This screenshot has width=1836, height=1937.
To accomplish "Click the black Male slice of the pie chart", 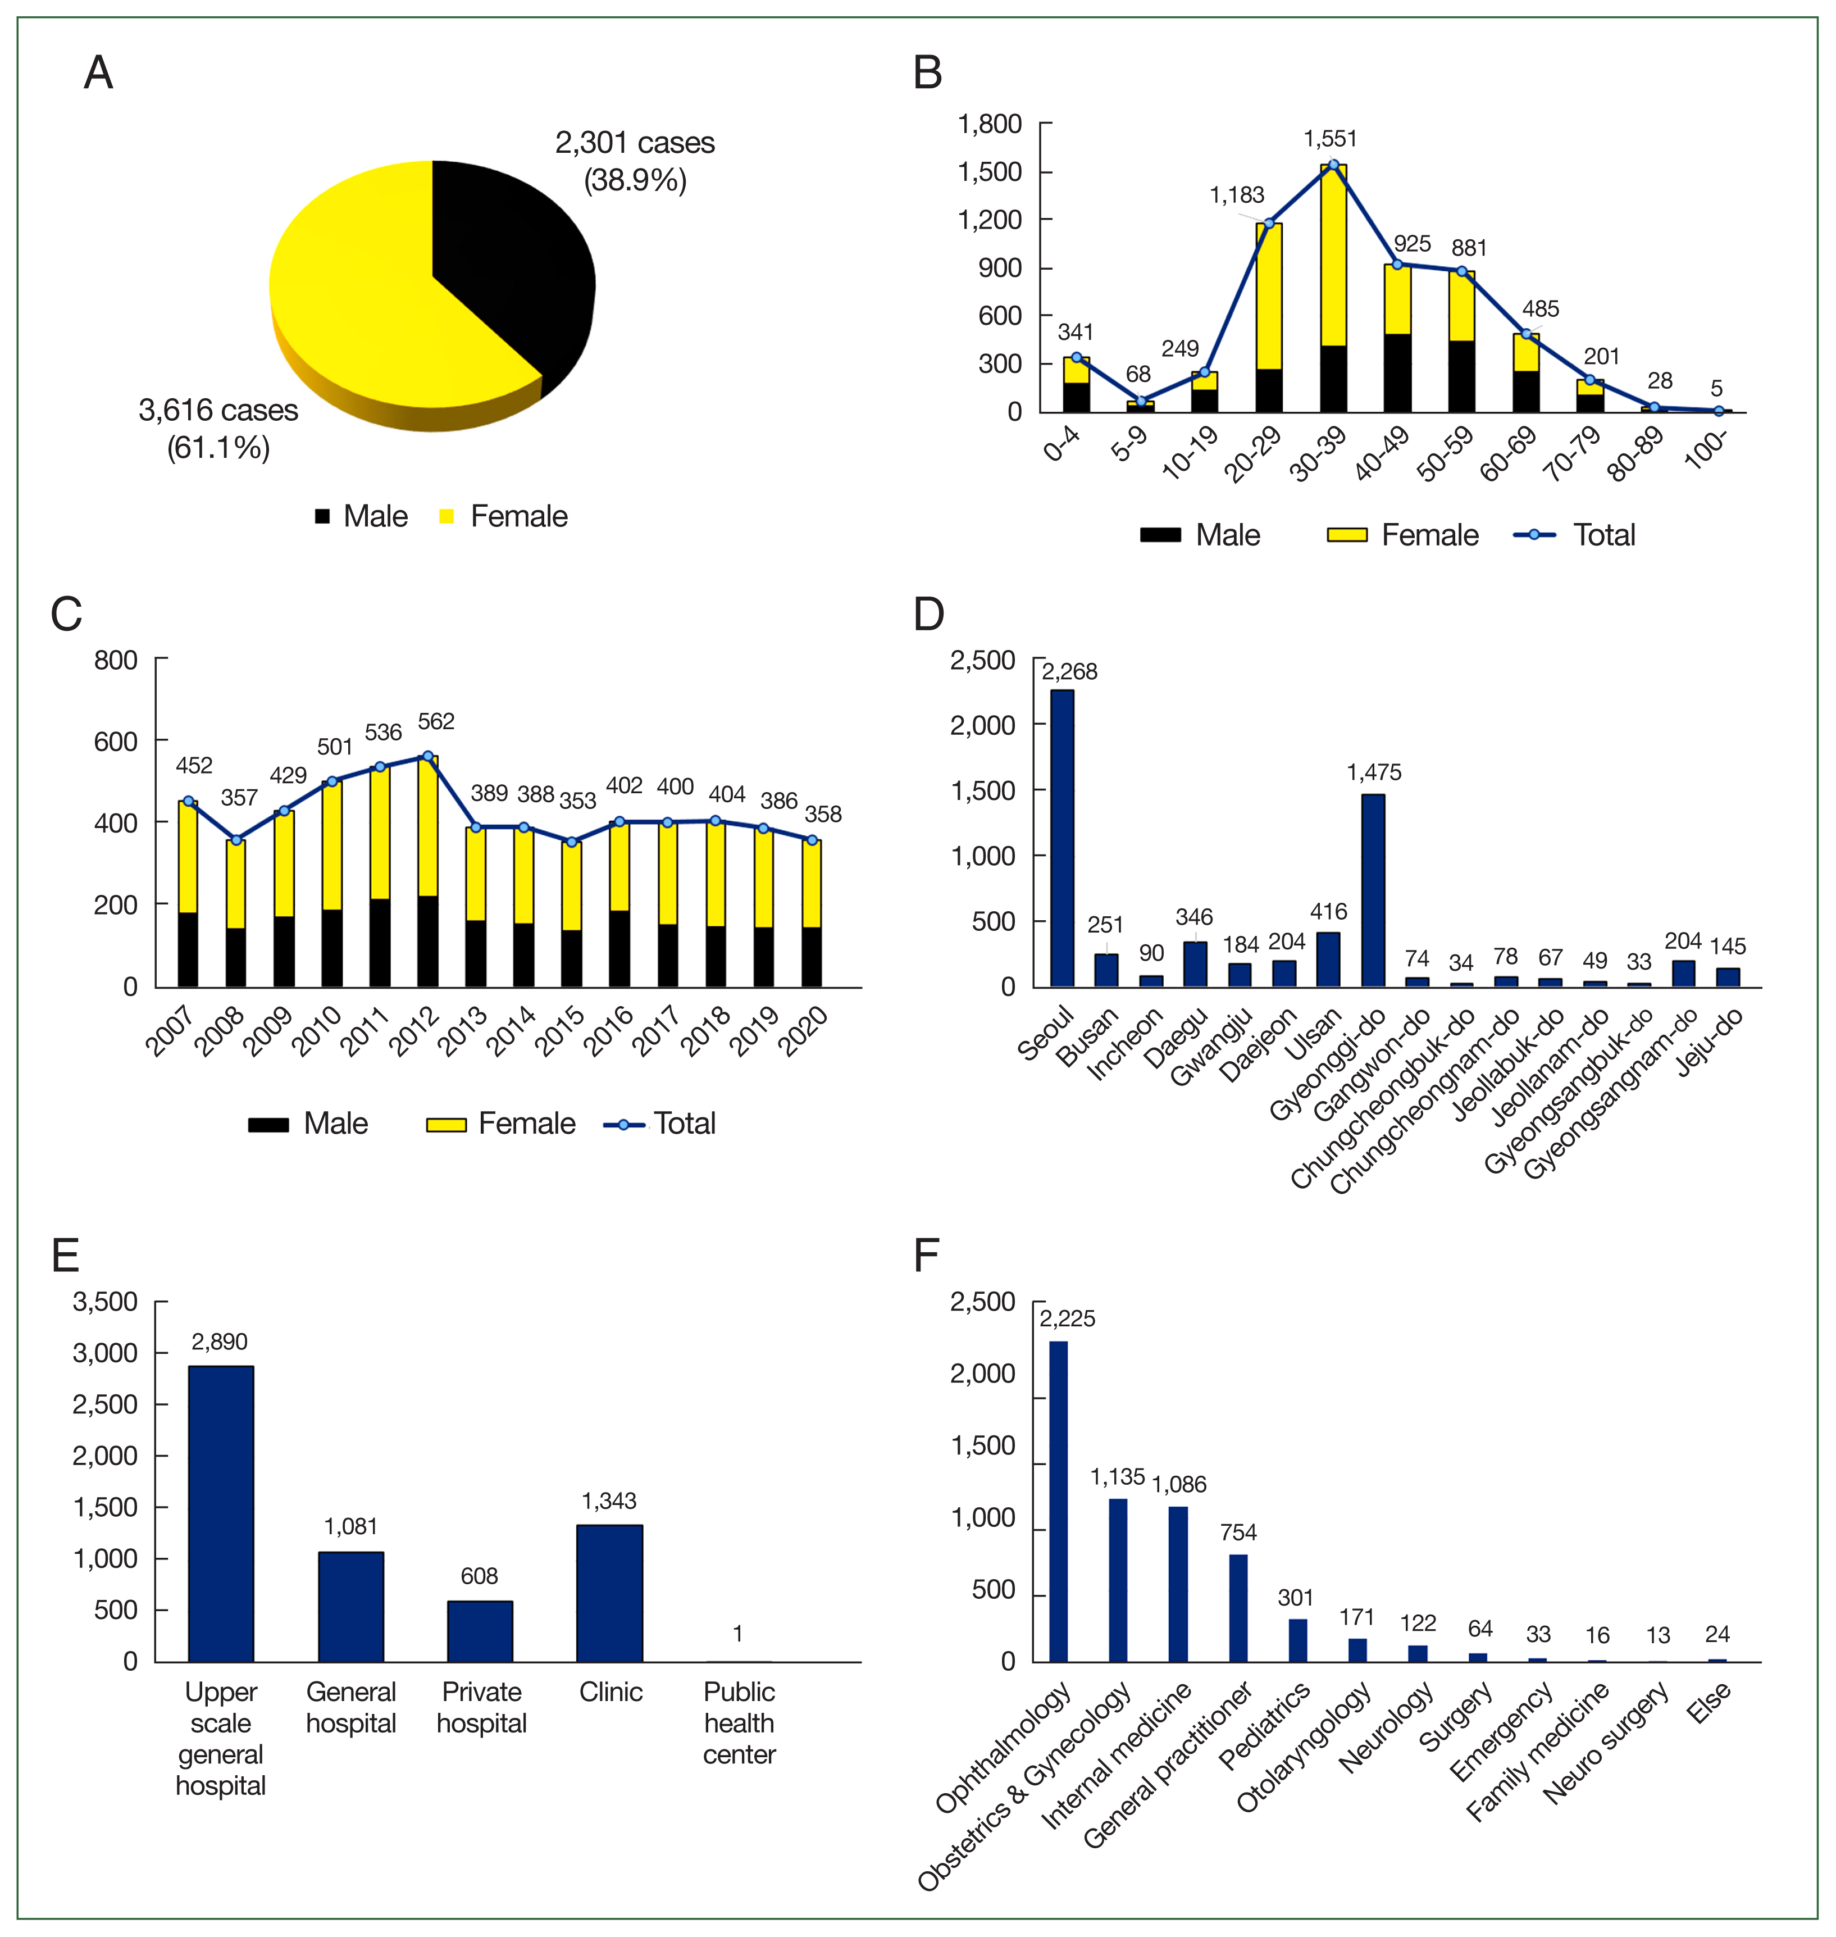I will click(509, 264).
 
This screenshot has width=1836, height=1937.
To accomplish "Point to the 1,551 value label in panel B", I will click(1330, 139).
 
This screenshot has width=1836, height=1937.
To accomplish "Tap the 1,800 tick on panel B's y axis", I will click(990, 124).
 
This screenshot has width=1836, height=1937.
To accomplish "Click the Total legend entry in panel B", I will click(1575, 535).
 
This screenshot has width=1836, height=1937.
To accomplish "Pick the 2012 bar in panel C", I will click(427, 871).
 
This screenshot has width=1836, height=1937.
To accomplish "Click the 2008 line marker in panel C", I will click(236, 840).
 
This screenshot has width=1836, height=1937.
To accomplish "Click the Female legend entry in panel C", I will click(501, 1124).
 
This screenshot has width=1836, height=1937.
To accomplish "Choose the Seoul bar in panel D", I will click(1062, 838).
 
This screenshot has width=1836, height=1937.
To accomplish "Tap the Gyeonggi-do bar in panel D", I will click(1373, 890).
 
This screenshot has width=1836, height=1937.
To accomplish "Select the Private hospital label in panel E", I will click(481, 1707).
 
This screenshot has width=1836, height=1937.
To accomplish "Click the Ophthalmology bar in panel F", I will click(1058, 1502).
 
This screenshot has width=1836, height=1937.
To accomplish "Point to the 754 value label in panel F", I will click(1238, 1533).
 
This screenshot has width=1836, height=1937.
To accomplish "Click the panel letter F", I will click(926, 1256).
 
